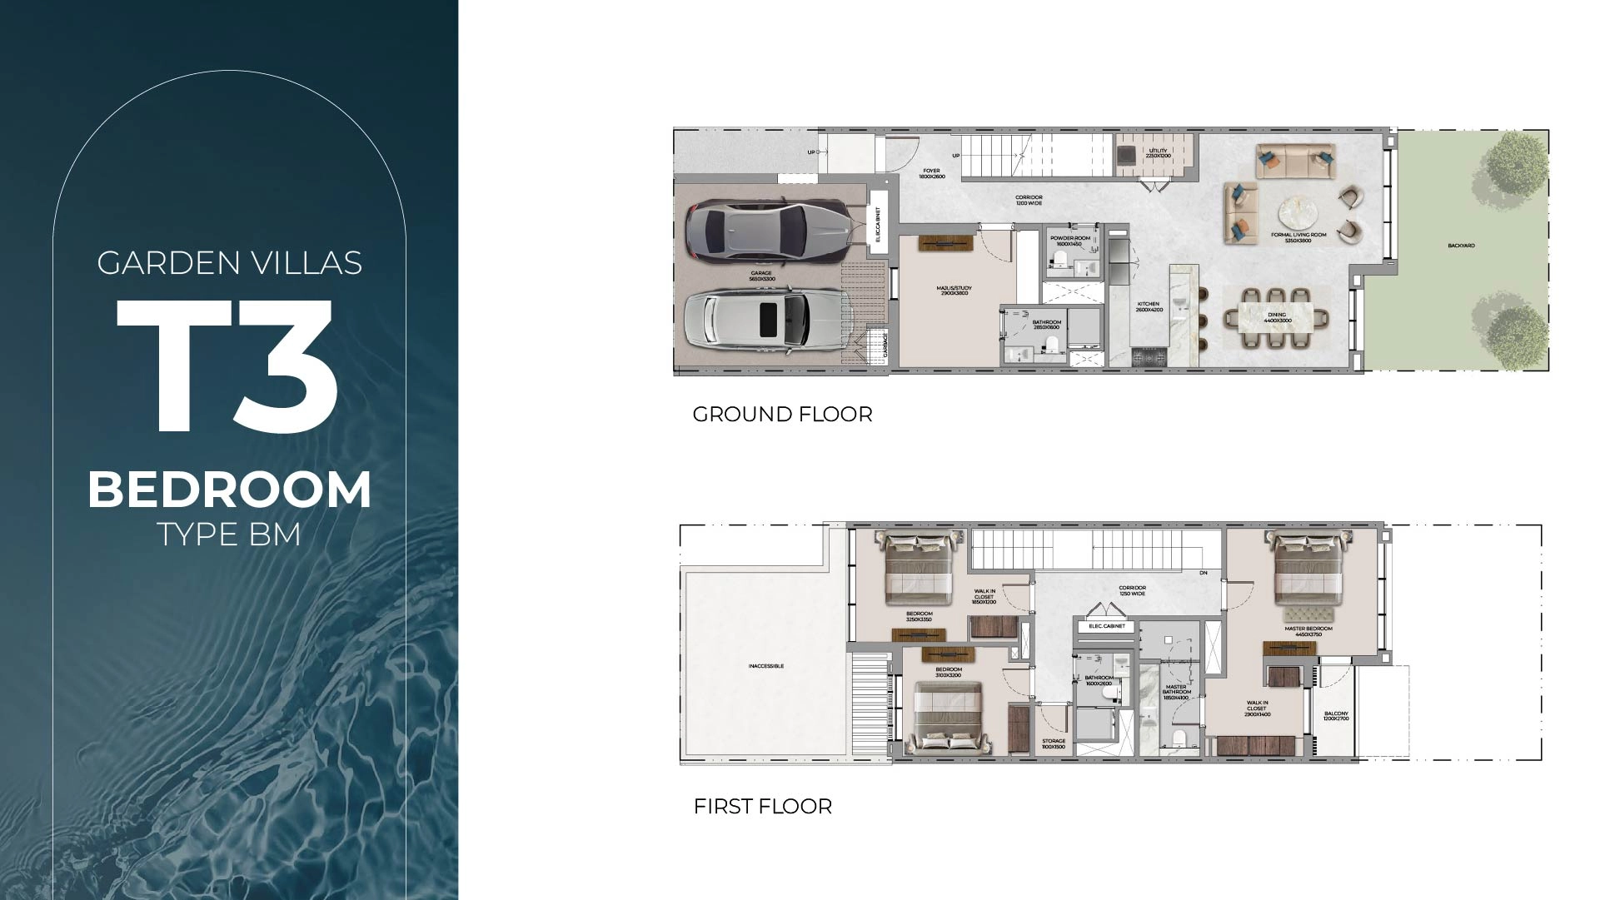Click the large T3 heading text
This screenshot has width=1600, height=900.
click(x=227, y=365)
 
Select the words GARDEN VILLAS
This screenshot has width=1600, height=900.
click(x=230, y=263)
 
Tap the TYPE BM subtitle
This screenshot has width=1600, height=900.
click(x=229, y=534)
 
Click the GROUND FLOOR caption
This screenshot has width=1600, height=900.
click(x=782, y=414)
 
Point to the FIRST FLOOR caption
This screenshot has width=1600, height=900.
click(x=762, y=806)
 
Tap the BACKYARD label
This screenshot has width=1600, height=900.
click(x=1461, y=246)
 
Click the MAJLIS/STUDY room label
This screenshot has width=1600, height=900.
click(x=954, y=291)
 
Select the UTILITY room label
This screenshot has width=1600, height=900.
click(x=1158, y=153)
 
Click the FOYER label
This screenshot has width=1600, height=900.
click(x=931, y=173)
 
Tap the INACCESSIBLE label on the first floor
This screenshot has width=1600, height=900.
click(x=765, y=666)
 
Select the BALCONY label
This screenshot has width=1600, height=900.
click(x=1335, y=716)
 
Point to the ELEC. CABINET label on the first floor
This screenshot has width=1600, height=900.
click(x=1107, y=626)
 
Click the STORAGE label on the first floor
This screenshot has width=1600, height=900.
click(x=1053, y=743)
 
